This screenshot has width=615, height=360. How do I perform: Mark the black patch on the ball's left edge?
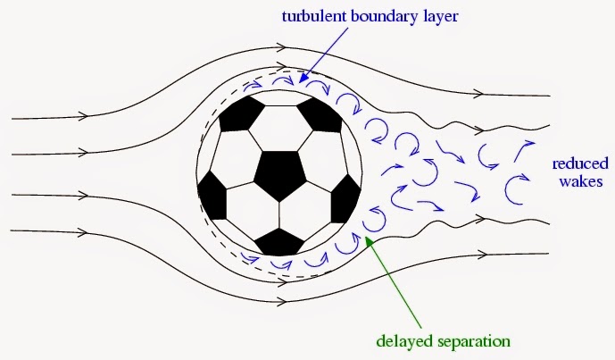211,189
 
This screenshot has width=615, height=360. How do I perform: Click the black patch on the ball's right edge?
345,198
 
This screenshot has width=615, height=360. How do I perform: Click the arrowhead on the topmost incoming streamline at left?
86,115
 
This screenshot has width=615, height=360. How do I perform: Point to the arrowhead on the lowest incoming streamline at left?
86,232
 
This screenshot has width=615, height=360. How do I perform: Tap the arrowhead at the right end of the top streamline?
483,93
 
